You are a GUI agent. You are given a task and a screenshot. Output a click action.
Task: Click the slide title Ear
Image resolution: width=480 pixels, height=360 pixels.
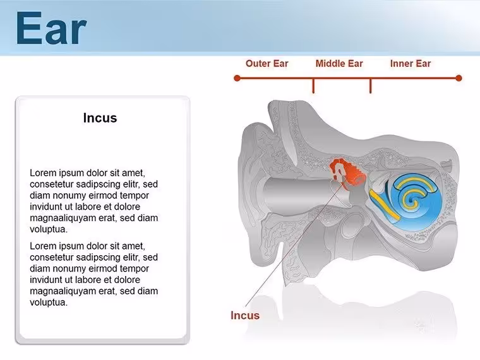(x=51, y=28)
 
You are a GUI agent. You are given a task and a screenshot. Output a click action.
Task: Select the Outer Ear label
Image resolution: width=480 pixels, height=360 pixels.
(x=267, y=64)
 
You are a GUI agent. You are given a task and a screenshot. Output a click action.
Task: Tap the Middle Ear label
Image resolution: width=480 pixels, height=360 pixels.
(x=339, y=64)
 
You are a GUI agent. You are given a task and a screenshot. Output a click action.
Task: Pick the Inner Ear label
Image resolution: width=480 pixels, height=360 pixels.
(x=411, y=64)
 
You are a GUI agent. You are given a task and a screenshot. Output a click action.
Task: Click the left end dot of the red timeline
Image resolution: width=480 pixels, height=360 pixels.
(x=237, y=78)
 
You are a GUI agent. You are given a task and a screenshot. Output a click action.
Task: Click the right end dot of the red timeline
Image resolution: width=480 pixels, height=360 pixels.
(x=459, y=78)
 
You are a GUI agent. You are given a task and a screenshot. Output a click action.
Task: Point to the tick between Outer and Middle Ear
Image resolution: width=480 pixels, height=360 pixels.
(x=313, y=86)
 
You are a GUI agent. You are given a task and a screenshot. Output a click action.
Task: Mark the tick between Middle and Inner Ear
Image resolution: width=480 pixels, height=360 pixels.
(x=370, y=86)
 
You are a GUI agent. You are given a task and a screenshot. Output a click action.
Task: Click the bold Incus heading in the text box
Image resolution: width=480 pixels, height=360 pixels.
(x=100, y=118)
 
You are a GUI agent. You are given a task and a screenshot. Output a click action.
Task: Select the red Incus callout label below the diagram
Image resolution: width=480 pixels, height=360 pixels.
(x=245, y=315)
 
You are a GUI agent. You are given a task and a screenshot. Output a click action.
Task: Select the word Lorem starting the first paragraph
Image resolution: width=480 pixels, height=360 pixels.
(x=43, y=173)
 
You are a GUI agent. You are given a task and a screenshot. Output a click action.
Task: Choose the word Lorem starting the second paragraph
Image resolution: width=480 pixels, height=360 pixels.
(x=43, y=246)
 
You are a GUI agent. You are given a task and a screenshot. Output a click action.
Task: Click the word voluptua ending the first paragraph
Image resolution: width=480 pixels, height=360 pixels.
(x=49, y=229)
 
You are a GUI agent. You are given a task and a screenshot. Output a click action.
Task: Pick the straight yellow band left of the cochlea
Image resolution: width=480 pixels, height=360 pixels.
(x=384, y=205)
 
